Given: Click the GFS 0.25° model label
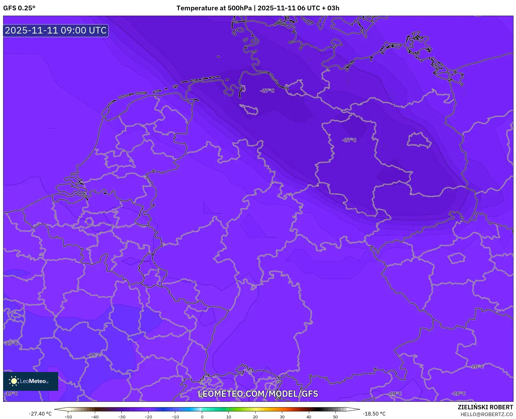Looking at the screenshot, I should tap(19, 8).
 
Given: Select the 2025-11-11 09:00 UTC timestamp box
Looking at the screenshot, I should tap(56, 30).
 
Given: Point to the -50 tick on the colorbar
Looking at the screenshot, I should tap(68, 416).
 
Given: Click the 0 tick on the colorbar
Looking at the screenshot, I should tap(202, 416).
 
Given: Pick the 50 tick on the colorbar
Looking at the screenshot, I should tap(335, 416).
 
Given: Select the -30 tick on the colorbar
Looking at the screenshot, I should tap(122, 416).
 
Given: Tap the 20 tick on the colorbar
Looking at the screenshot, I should tap(255, 416).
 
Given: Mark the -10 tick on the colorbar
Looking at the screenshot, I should tap(175, 416).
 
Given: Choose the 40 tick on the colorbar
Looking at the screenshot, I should tap(309, 416).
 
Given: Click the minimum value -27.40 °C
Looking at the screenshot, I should tap(40, 414).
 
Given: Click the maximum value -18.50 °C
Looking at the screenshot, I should tap(374, 414).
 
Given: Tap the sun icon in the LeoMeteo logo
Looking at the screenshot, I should tap(14, 381).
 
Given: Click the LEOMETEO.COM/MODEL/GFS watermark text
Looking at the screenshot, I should tap(258, 394).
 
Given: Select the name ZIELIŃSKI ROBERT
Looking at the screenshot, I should tap(485, 407).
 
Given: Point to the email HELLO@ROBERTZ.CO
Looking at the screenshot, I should tap(487, 414).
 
